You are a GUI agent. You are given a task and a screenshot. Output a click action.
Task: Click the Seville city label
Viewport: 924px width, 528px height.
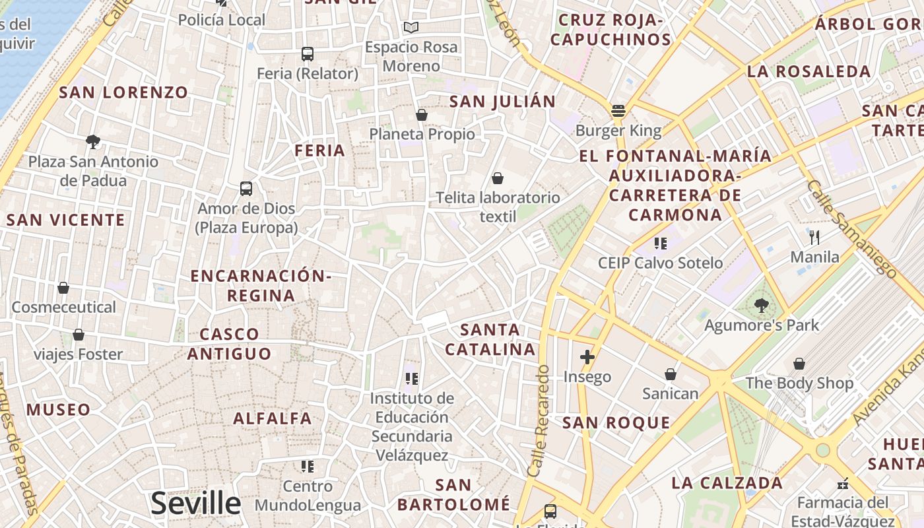point(195,503)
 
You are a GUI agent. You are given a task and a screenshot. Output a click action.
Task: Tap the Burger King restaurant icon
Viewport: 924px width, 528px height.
point(618,111)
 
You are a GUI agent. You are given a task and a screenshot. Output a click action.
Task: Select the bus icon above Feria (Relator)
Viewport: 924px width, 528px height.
point(307,54)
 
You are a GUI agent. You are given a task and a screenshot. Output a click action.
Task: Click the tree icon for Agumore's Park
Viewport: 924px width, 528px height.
point(761,305)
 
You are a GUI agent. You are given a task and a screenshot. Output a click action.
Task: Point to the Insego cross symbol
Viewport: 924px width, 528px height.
point(587,358)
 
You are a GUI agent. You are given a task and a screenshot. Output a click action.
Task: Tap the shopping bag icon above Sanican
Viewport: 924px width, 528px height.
point(671,375)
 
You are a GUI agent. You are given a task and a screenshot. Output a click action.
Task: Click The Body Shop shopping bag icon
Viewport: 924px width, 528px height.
point(799,364)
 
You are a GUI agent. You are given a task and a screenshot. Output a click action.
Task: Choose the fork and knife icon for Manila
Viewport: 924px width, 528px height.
point(814,238)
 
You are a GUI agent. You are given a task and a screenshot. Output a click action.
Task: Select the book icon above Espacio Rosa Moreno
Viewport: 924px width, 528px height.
point(411,28)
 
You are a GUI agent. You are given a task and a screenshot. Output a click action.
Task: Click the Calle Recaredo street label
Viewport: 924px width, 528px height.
point(539,420)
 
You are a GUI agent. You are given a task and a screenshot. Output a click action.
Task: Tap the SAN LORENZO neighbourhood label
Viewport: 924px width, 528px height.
point(123,92)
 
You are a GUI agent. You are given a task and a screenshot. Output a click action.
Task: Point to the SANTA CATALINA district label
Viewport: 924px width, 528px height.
point(490,339)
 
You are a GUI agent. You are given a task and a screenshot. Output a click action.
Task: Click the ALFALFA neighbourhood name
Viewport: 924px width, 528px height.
point(273,418)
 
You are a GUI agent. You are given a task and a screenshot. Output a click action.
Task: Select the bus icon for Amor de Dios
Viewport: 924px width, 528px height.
point(246,189)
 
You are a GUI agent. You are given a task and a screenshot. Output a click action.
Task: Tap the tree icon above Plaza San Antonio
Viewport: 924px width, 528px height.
point(93,141)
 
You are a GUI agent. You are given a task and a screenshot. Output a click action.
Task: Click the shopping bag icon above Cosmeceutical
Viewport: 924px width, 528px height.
point(63,288)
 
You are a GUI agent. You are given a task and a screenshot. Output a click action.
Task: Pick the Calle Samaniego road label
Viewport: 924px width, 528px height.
point(851,228)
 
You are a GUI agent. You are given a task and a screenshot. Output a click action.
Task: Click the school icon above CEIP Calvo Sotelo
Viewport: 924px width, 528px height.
point(660,244)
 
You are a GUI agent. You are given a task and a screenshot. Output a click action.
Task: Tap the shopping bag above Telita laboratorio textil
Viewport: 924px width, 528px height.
point(498,178)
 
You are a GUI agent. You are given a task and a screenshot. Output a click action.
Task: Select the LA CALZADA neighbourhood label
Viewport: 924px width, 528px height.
point(727,482)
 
